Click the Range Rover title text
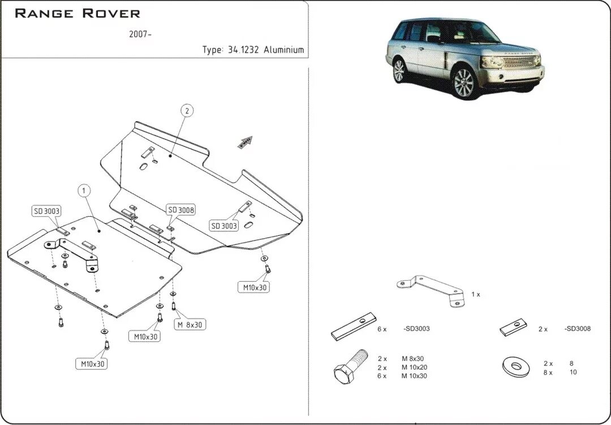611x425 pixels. click(x=78, y=13)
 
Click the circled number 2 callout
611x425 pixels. click(x=187, y=110)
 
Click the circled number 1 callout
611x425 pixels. click(x=84, y=191)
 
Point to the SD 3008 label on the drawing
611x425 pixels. click(x=181, y=210)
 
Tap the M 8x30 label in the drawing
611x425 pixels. click(x=189, y=325)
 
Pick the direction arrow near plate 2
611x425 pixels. click(x=245, y=141)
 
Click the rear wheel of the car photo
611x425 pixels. click(x=399, y=71)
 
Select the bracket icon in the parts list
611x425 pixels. click(x=433, y=290)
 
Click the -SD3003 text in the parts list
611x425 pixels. click(x=418, y=329)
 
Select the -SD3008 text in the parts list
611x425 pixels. click(x=578, y=329)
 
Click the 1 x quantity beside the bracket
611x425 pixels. click(x=475, y=295)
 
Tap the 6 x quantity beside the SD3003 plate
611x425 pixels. click(x=381, y=329)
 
